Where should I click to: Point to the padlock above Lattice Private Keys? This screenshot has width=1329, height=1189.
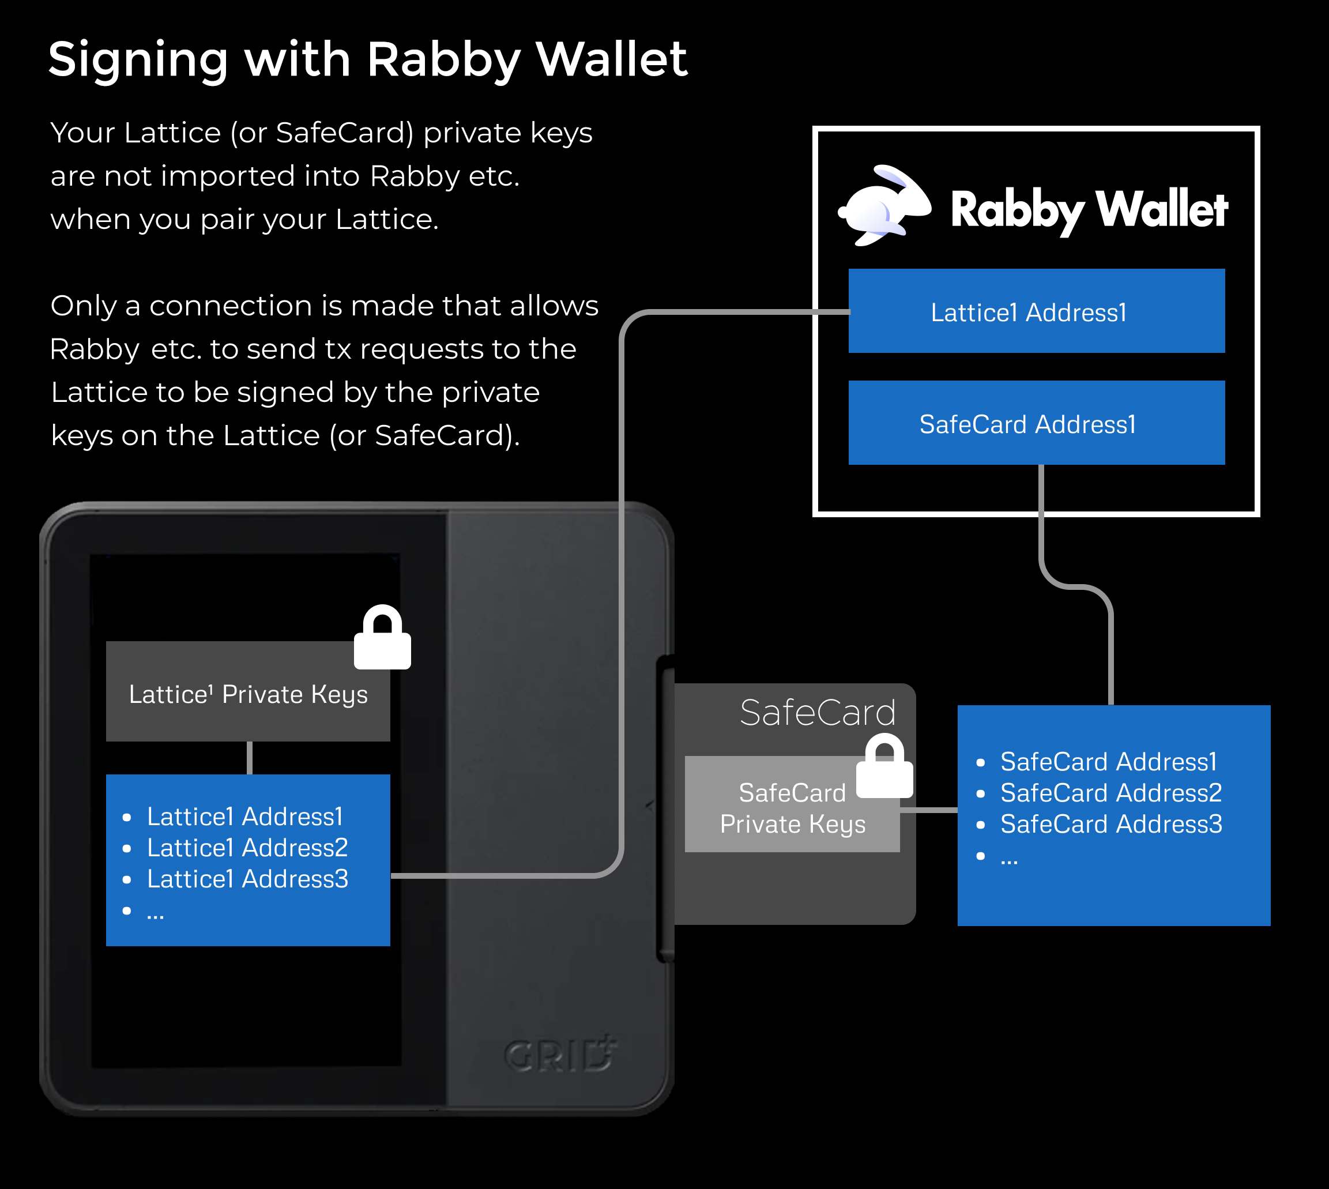(x=382, y=638)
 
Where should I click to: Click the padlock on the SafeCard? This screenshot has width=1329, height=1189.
(x=884, y=767)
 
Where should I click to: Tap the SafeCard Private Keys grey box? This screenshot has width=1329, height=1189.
(x=792, y=807)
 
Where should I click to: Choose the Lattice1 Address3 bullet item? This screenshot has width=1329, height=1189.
(x=247, y=879)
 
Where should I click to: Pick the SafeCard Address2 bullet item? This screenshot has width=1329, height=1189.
(x=1110, y=793)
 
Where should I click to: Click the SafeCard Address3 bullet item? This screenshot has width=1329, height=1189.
(x=1110, y=825)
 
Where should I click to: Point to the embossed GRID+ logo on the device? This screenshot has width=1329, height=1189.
(x=560, y=1053)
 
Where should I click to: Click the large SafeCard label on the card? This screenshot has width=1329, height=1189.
(x=817, y=712)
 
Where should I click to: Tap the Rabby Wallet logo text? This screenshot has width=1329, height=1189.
(x=1089, y=210)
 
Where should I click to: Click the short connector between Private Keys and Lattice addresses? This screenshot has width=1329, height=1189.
(x=250, y=758)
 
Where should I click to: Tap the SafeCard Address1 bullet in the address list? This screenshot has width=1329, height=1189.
(x=1108, y=762)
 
